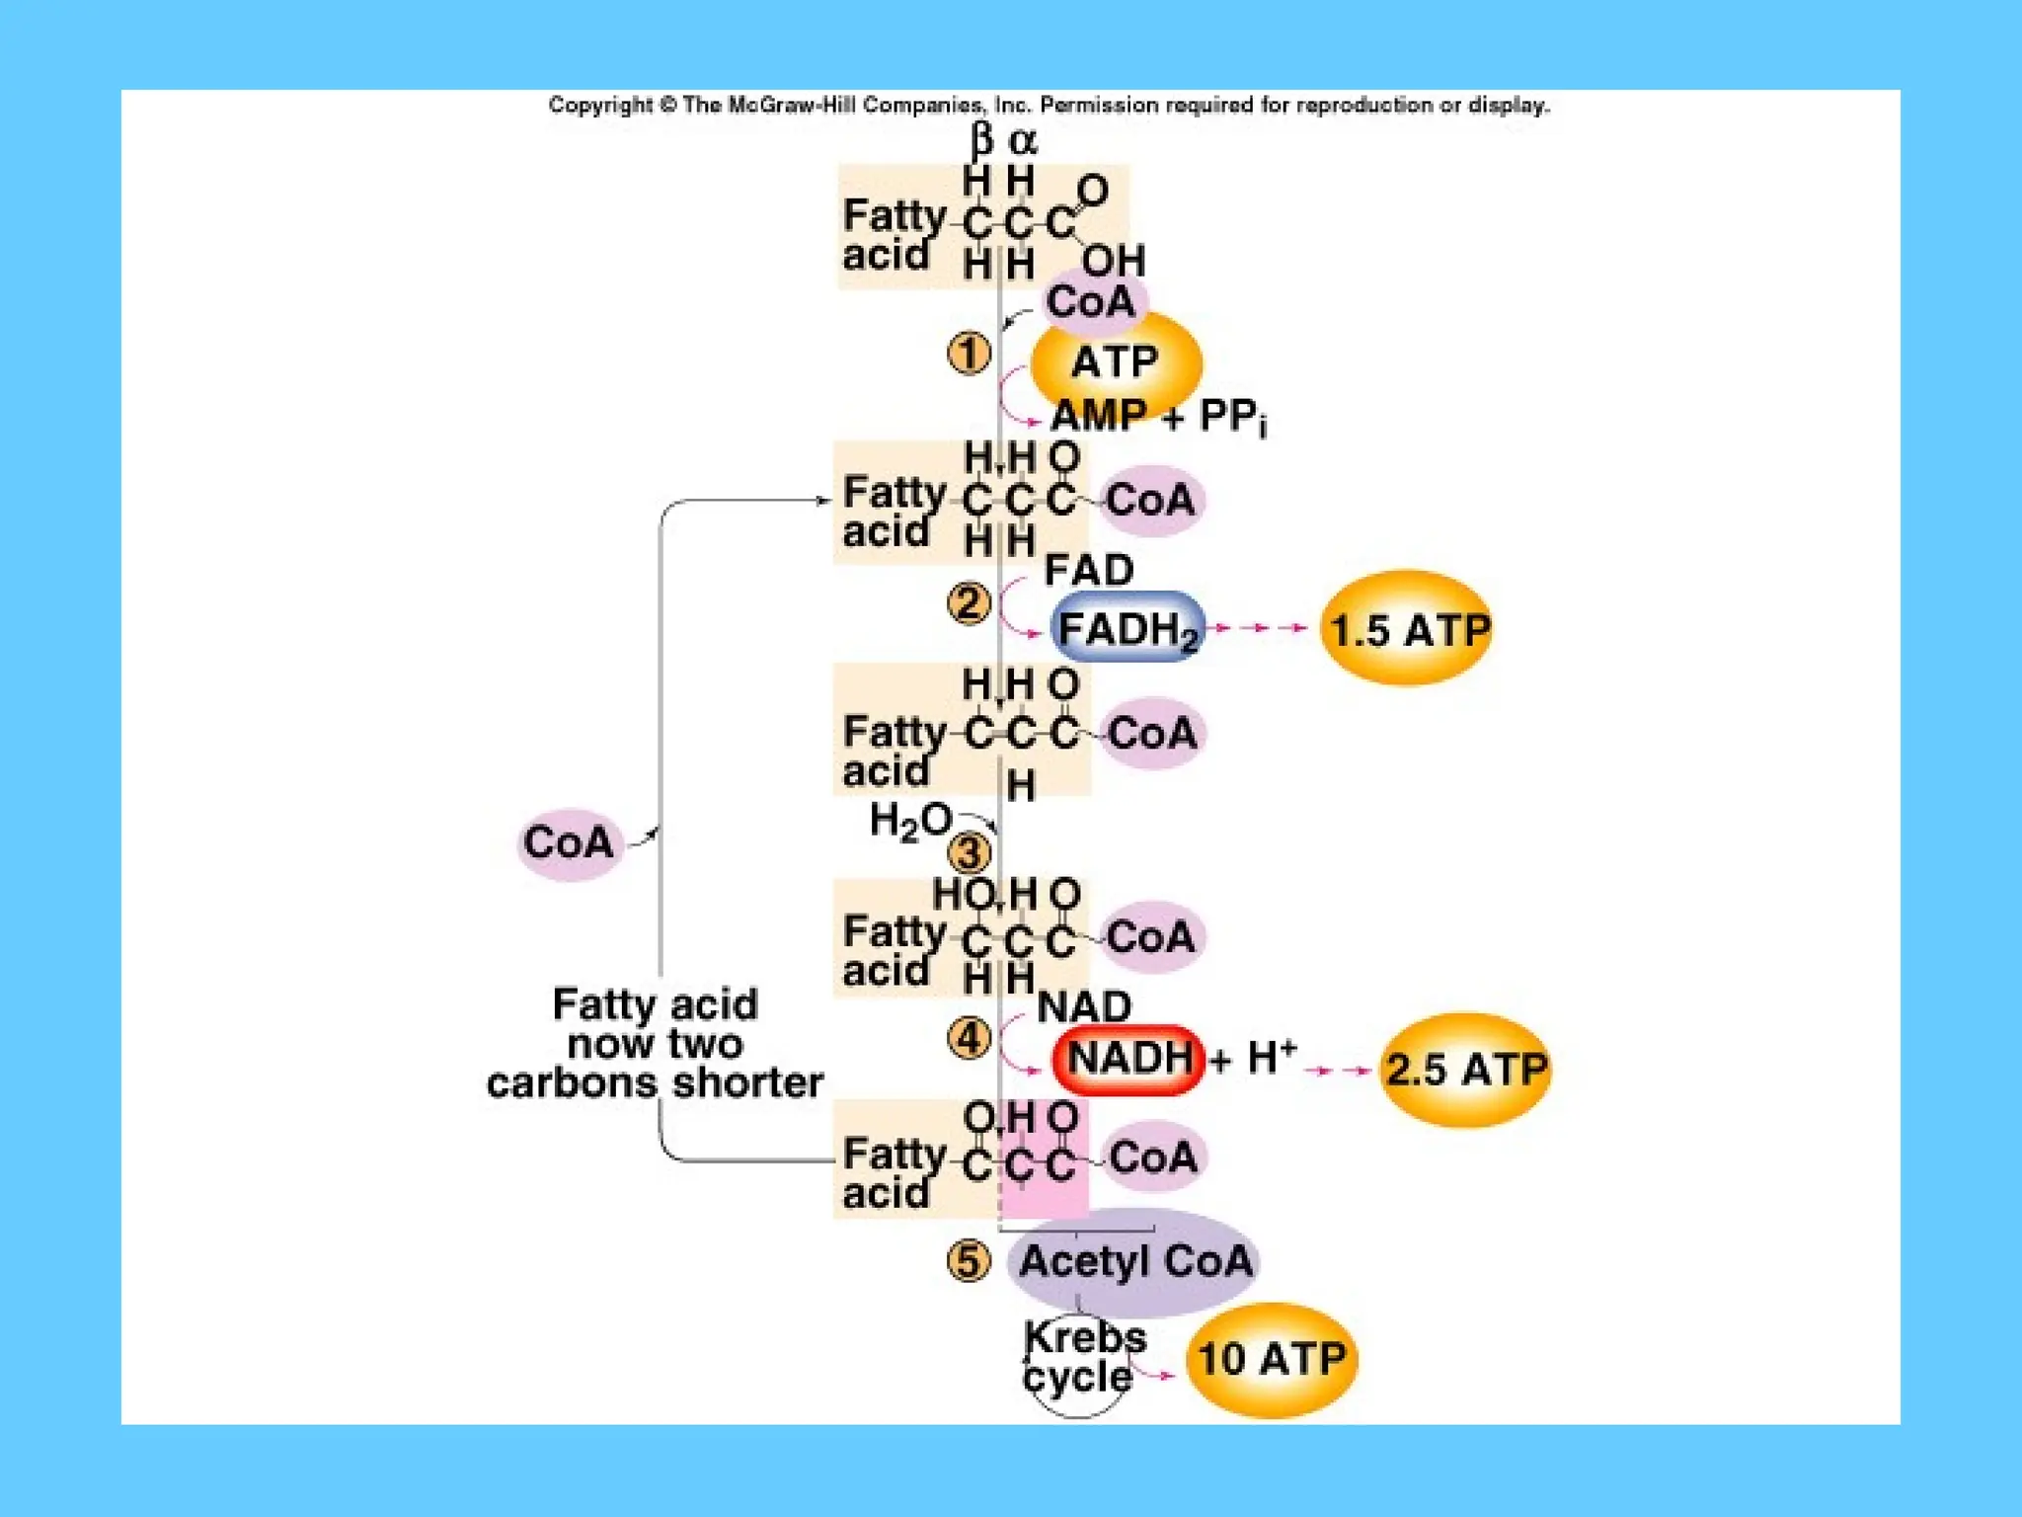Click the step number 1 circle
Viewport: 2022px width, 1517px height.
(969, 353)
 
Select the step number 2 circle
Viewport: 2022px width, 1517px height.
(969, 603)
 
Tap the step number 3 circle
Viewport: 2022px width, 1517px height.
(969, 852)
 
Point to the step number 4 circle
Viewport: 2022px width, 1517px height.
(969, 1038)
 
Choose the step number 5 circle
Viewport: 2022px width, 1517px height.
(969, 1261)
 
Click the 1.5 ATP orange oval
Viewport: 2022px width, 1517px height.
(1407, 629)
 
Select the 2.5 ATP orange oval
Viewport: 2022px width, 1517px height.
(1465, 1069)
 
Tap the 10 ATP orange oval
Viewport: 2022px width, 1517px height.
(1272, 1359)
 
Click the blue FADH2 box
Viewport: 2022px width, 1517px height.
(1128, 628)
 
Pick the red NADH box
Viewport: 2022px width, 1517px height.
(1128, 1060)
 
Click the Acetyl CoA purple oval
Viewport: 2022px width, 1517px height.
(1134, 1261)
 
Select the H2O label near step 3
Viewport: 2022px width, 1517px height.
(909, 822)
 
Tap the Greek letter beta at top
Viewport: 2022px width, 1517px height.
(980, 141)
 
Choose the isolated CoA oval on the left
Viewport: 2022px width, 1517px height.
(569, 842)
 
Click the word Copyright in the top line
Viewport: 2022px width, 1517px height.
(600, 106)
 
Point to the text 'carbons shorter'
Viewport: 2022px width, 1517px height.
(655, 1083)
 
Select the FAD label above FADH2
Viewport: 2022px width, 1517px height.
(1088, 570)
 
